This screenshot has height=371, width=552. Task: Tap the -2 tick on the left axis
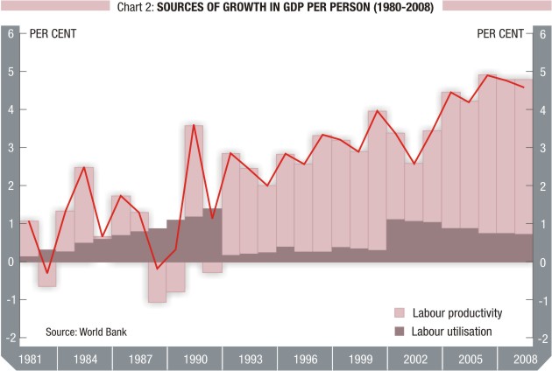tap(11, 337)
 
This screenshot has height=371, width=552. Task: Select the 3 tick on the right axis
tap(543, 147)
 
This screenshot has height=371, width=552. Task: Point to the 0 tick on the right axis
tap(543, 262)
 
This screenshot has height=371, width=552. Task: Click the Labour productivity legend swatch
tap(400, 312)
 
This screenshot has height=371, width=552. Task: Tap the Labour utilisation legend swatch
tap(400, 331)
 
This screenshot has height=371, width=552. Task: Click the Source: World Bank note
tap(87, 333)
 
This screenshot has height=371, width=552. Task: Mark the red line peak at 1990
tap(193, 125)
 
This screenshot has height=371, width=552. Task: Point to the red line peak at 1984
tap(84, 166)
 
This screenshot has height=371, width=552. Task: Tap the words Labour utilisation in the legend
tap(452, 331)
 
